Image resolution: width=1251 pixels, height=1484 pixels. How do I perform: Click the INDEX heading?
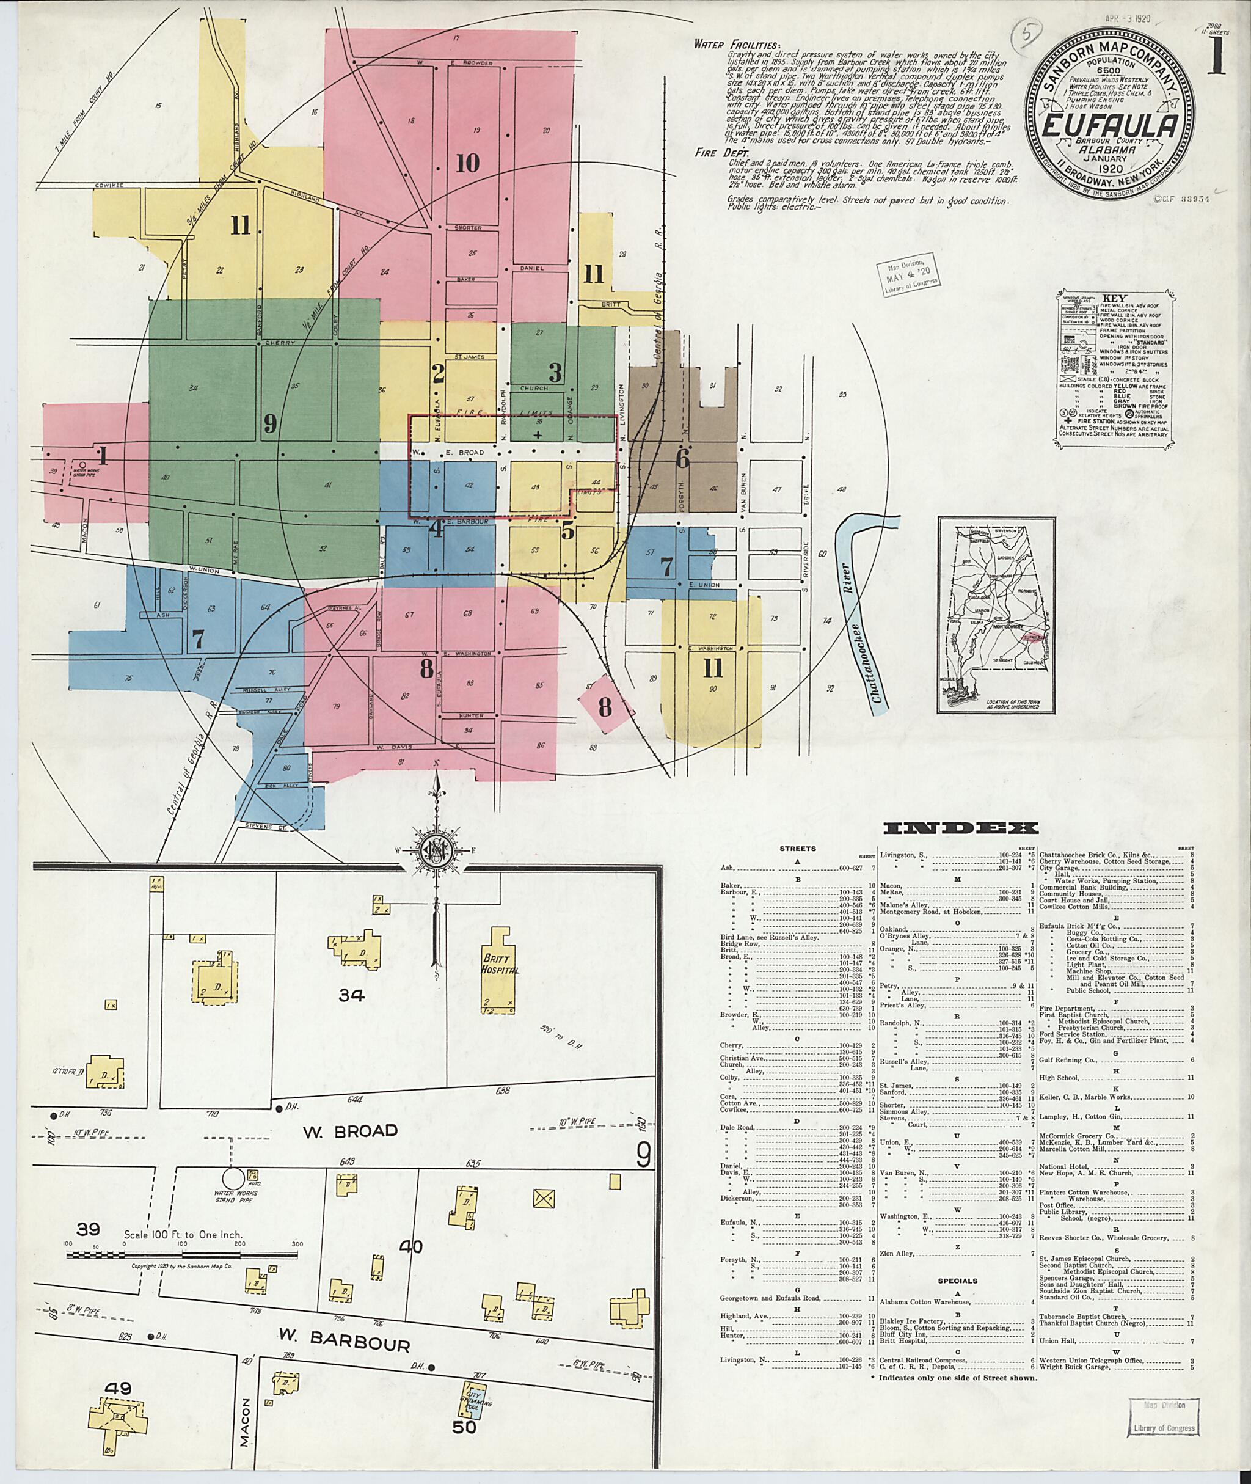(961, 828)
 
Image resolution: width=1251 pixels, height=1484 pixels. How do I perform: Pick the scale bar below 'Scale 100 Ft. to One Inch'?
(183, 1254)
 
